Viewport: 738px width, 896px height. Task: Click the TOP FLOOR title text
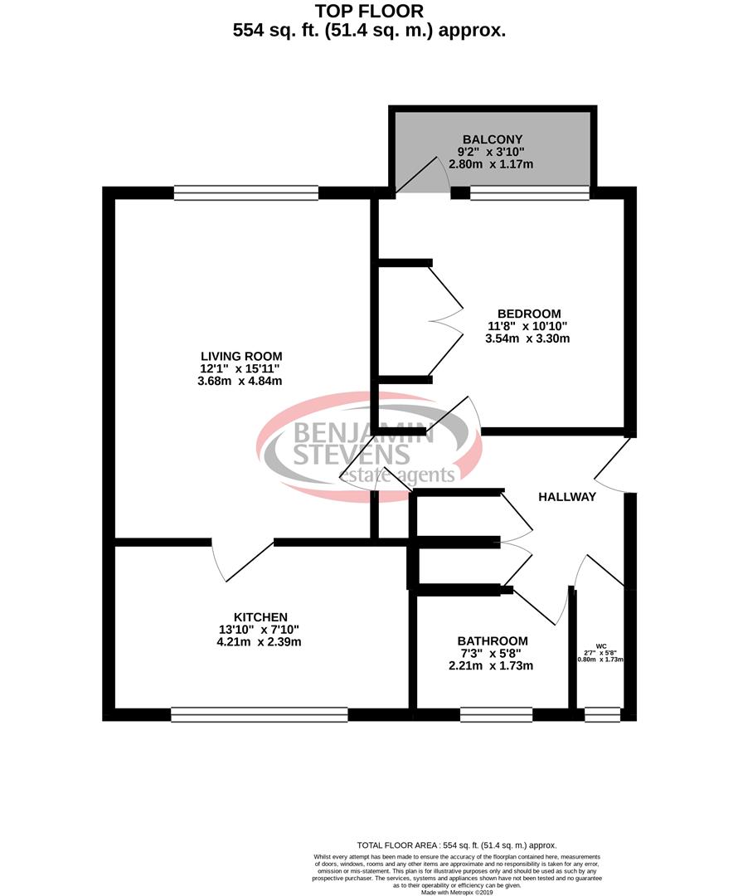click(370, 11)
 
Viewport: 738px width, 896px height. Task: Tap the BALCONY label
click(493, 139)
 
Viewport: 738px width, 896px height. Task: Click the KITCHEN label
click(260, 616)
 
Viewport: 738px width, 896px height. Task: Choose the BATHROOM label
click(493, 640)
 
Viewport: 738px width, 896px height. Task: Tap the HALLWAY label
click(567, 497)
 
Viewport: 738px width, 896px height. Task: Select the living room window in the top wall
click(246, 192)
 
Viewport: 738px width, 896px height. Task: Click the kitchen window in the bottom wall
click(259, 714)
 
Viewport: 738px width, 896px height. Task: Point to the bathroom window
click(496, 714)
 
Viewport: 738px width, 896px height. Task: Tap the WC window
click(602, 713)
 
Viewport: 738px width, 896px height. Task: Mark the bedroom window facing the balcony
click(529, 193)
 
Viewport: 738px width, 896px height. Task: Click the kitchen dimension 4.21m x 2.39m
click(260, 641)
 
